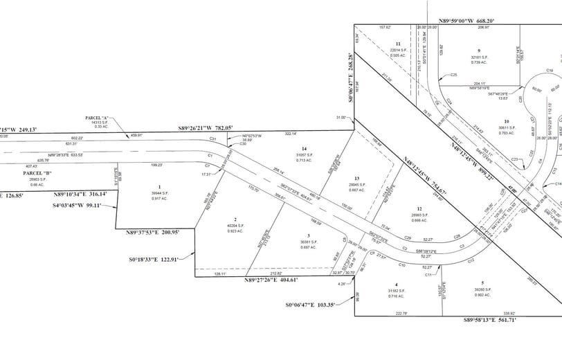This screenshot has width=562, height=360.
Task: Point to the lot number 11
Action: [397, 44]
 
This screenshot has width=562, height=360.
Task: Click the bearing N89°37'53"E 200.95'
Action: [153, 232]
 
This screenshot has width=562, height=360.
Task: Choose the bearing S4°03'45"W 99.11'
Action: [84, 186]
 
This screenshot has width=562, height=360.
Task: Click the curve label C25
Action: [454, 74]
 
